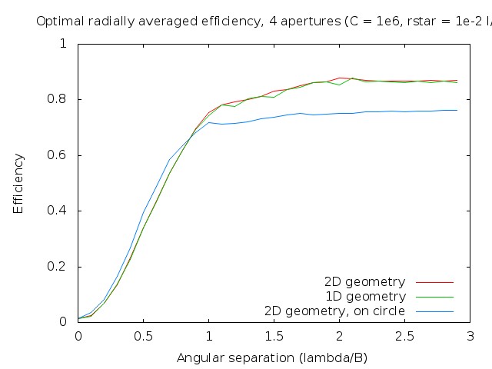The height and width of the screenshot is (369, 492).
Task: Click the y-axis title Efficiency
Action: point(18,183)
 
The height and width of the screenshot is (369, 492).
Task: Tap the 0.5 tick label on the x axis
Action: point(143,337)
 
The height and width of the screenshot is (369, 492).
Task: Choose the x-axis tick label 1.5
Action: point(274,337)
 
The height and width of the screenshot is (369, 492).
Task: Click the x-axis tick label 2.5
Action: point(404,337)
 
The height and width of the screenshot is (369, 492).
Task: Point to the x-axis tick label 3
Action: point(470,337)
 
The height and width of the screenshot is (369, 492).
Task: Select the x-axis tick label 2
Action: point(339,337)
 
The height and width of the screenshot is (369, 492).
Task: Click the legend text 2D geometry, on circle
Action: point(334,311)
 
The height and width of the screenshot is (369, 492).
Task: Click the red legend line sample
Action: point(435,282)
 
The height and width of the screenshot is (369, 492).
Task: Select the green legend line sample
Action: point(435,297)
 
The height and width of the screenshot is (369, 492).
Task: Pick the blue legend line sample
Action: point(435,311)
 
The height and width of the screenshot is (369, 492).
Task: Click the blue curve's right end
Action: point(457,110)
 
